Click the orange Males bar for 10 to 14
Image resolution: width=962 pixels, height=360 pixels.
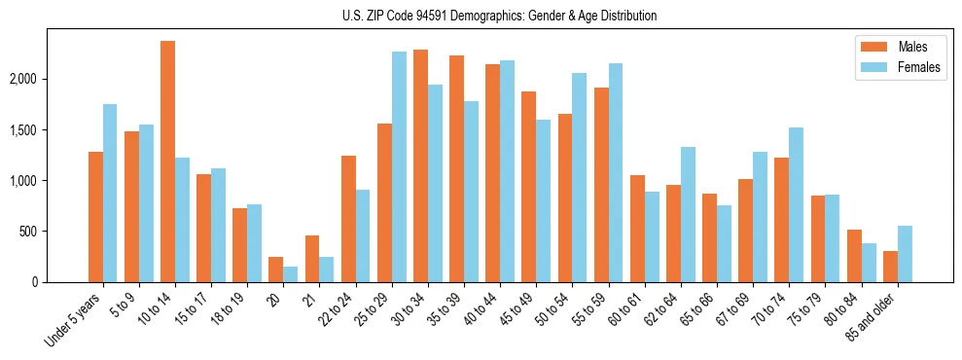click(x=167, y=162)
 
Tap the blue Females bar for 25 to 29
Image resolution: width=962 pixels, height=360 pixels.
click(x=399, y=166)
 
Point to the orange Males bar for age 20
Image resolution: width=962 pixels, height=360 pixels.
click(x=275, y=270)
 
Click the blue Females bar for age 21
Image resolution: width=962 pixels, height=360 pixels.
click(x=327, y=270)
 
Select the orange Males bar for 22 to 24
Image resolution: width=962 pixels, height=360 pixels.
click(x=348, y=219)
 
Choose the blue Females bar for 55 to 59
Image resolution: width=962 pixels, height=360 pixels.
click(x=616, y=172)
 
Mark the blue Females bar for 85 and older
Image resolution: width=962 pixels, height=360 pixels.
click(x=905, y=254)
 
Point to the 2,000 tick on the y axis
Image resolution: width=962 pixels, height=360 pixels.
click(x=48, y=79)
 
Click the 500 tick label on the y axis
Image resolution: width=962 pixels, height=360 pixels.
click(x=53, y=232)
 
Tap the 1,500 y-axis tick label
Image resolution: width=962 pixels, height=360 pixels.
click(x=48, y=129)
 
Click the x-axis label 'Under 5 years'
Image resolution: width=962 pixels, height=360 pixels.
click(x=74, y=319)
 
